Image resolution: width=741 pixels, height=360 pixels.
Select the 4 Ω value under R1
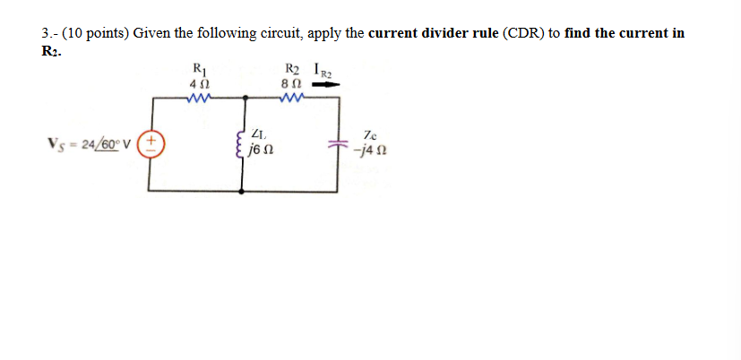[x=199, y=82]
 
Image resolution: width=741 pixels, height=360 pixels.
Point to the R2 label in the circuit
[x=292, y=67]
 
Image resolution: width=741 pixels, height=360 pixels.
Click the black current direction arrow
[x=327, y=85]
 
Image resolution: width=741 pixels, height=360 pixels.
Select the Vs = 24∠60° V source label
[x=90, y=143]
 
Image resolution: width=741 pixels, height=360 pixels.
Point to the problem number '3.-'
[x=50, y=33]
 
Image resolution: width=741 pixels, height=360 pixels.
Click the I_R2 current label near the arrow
[x=323, y=69]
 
